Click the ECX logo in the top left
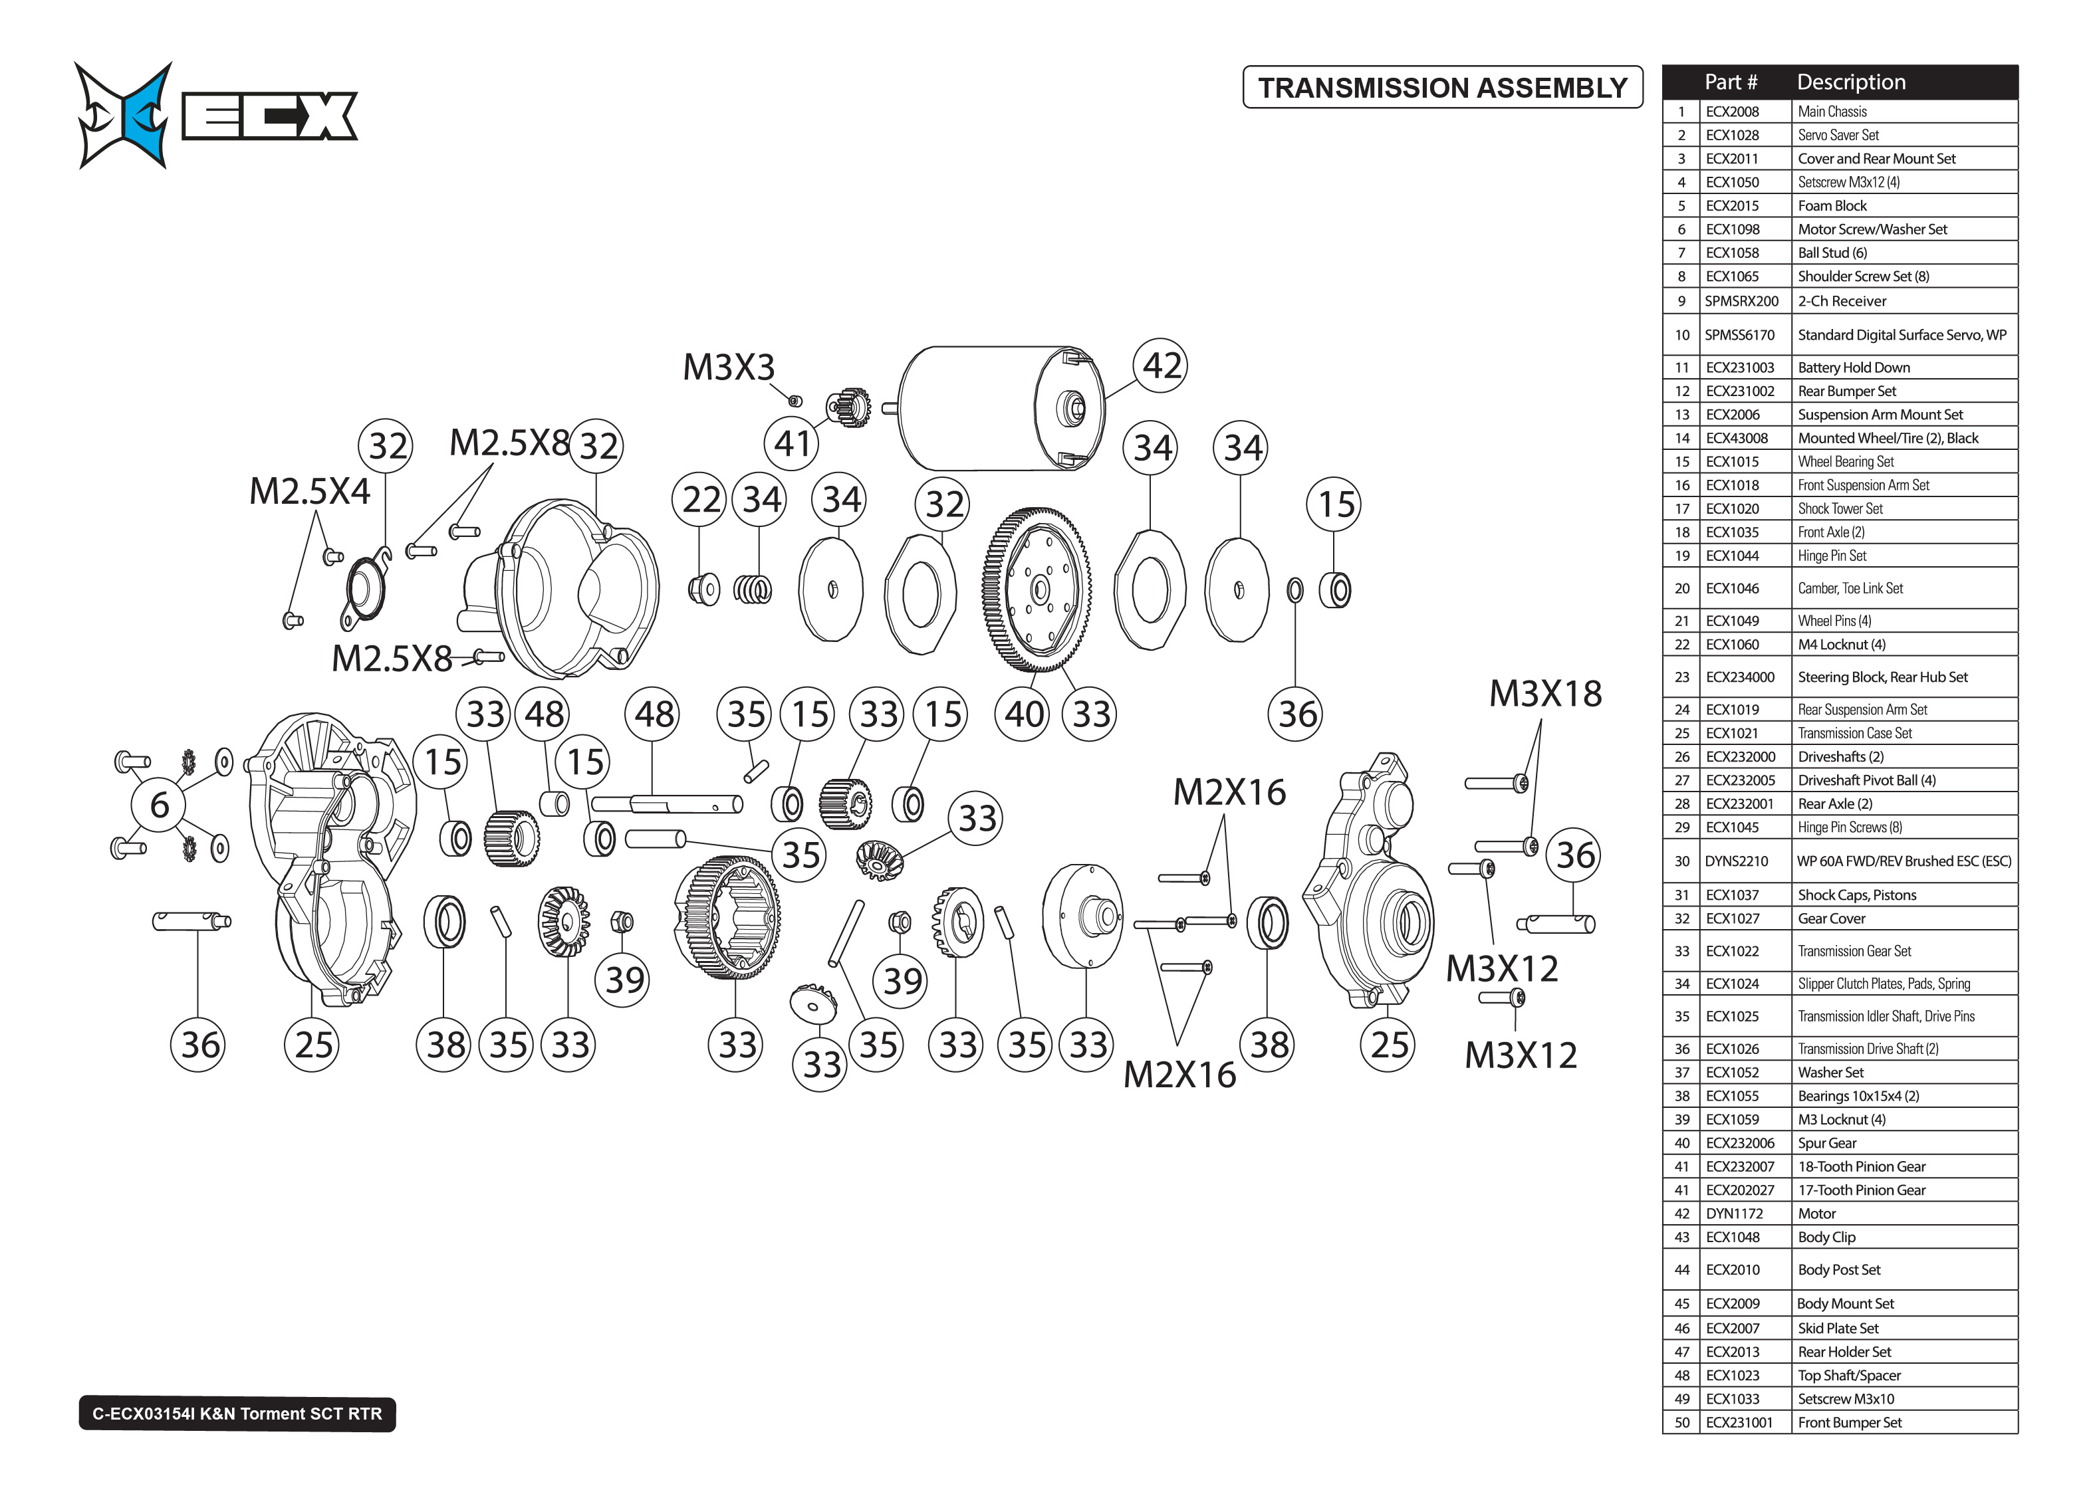[x=217, y=115]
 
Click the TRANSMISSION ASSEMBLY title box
[x=1442, y=88]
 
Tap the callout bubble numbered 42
[x=1160, y=366]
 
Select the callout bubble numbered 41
[x=791, y=443]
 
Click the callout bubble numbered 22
[x=700, y=499]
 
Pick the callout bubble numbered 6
[x=160, y=805]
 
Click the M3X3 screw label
[x=728, y=368]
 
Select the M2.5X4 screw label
[x=310, y=492]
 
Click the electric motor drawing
[x=999, y=408]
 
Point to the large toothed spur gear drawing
[x=1037, y=589]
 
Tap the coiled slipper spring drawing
[x=753, y=589]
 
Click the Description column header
[x=1851, y=82]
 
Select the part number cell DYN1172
[x=1734, y=1213]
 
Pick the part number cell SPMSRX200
[x=1741, y=301]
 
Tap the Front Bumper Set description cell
[x=1849, y=1422]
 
